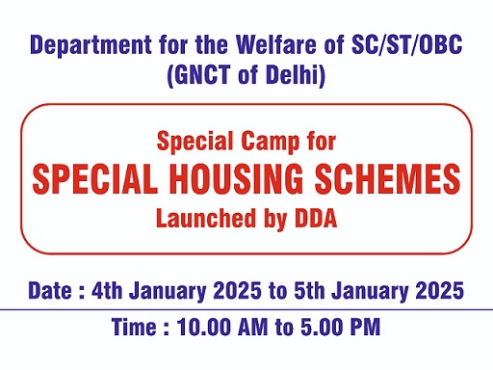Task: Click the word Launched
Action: coord(203,218)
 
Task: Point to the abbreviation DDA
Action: coord(309,218)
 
